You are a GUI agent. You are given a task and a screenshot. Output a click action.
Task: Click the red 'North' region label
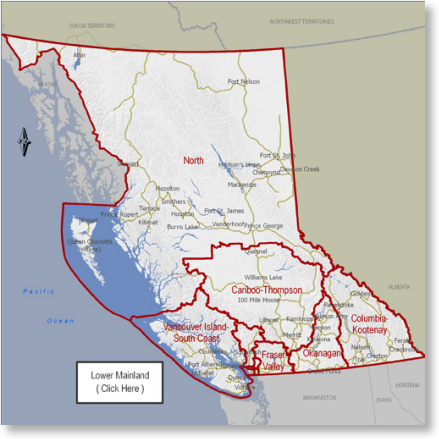tap(193, 160)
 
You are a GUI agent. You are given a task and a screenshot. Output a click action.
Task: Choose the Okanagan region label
tap(322, 353)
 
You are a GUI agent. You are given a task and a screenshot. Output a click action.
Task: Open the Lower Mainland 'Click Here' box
tap(119, 382)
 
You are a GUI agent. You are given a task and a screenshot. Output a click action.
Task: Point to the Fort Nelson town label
tap(244, 82)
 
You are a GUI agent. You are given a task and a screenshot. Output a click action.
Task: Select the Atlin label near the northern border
tap(79, 55)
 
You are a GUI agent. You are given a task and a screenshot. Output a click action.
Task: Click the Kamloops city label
tap(298, 317)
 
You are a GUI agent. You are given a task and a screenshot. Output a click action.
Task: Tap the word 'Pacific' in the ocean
tap(38, 291)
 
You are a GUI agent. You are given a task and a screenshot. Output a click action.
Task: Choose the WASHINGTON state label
tap(321, 398)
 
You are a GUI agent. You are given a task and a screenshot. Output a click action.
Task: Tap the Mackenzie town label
tap(242, 185)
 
